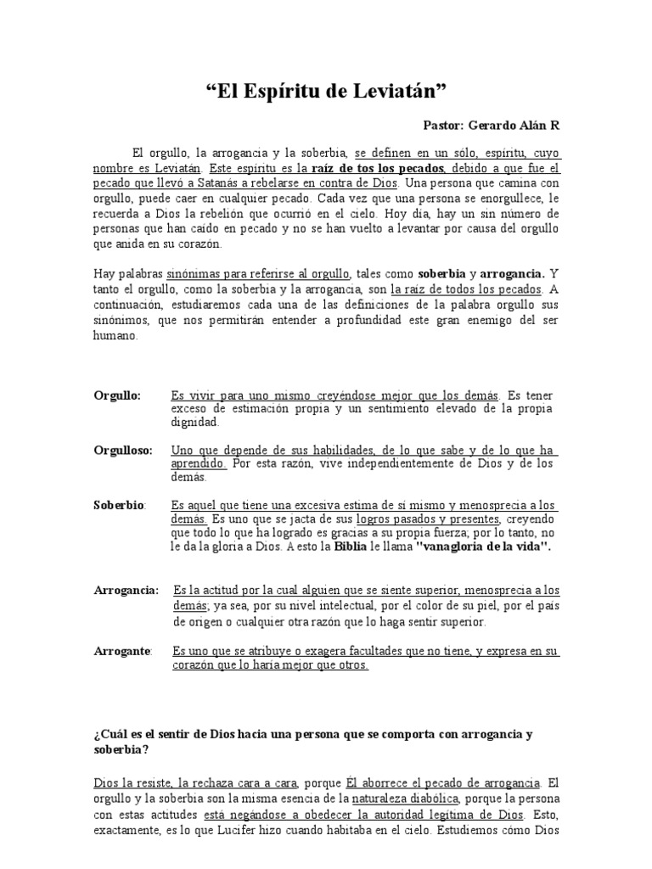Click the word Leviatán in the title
403,92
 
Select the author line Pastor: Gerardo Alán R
492,126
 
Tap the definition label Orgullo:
117,395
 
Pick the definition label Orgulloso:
123,451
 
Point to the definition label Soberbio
119,505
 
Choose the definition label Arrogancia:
126,590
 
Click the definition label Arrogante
122,651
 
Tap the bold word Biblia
352,547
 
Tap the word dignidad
194,422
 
